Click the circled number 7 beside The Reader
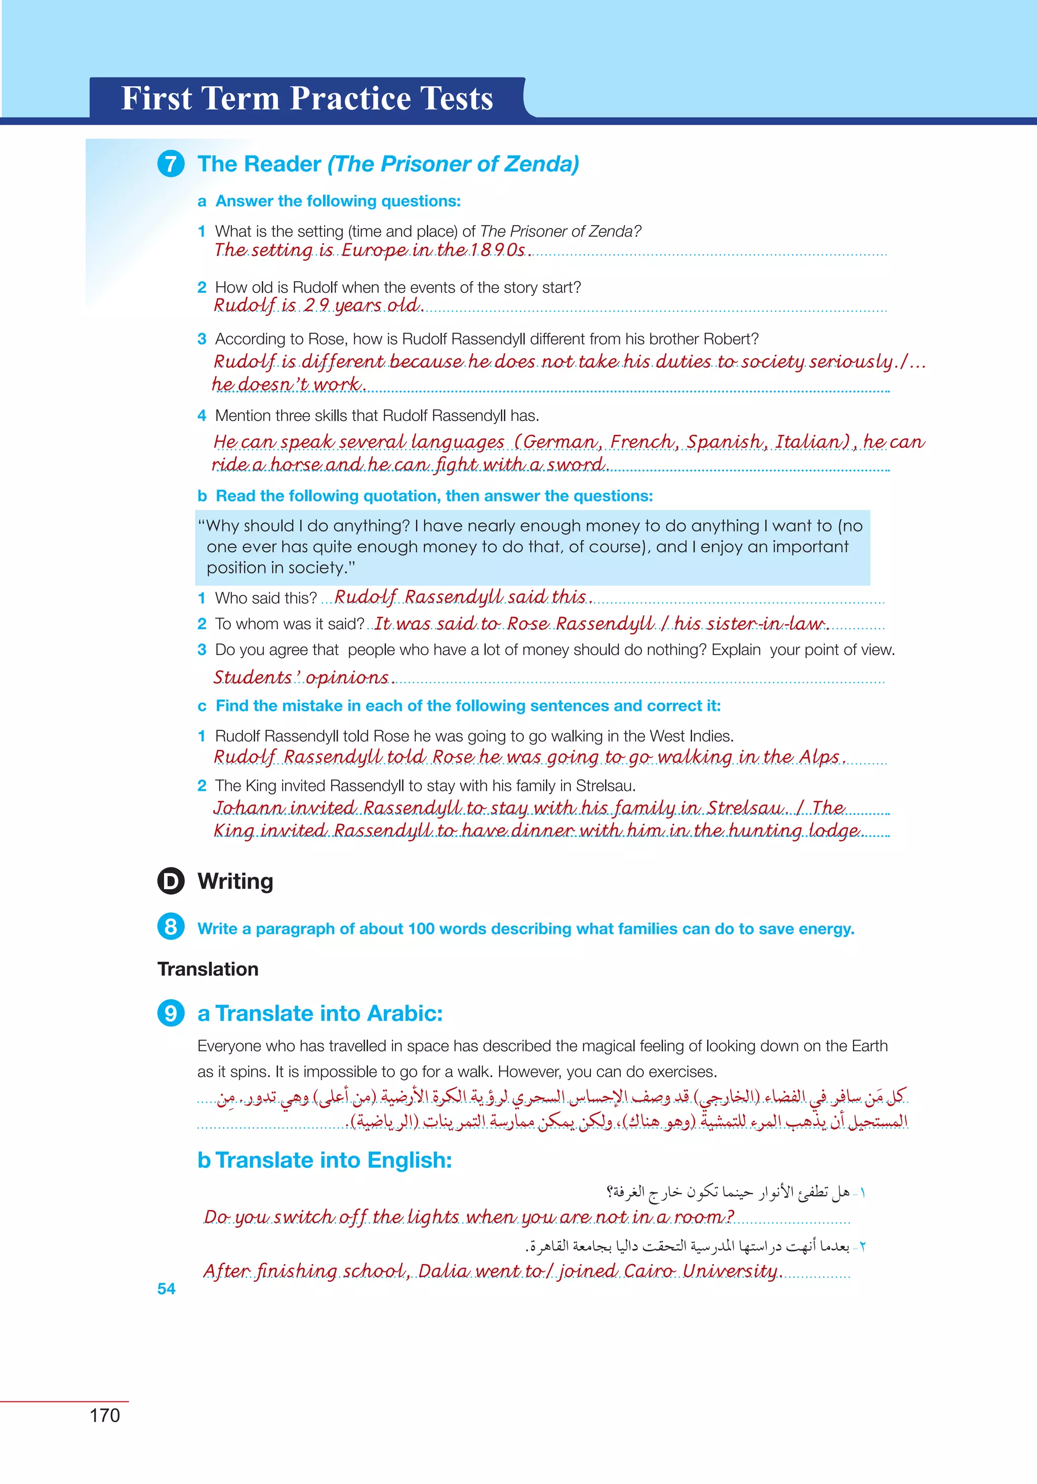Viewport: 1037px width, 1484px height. (x=171, y=164)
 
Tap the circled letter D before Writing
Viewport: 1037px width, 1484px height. (x=171, y=881)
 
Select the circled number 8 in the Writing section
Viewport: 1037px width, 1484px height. (x=171, y=927)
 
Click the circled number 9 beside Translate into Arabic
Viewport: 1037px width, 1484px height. (x=171, y=1013)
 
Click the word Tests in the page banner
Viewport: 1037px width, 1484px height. (x=456, y=99)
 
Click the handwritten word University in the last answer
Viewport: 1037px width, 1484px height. (x=730, y=1271)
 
